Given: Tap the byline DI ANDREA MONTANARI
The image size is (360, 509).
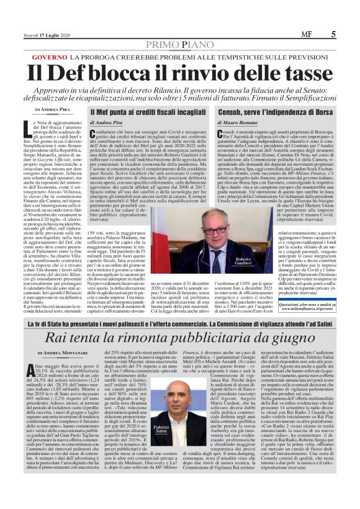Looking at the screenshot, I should [x=56, y=353].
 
